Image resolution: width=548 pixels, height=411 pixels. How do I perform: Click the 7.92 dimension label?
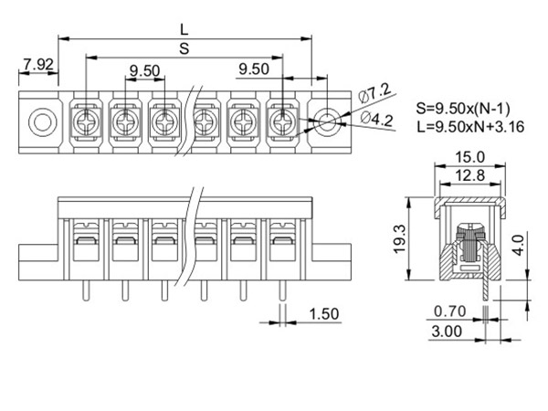tap(38, 65)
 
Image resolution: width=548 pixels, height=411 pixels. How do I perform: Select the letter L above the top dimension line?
tap(184, 30)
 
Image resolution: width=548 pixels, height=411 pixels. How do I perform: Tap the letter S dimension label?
tap(184, 48)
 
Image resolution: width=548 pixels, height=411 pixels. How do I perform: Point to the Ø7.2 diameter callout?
tap(375, 92)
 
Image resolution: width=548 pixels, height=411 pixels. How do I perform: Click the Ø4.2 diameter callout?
tap(376, 119)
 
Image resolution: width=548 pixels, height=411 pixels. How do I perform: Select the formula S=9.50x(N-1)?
tap(463, 109)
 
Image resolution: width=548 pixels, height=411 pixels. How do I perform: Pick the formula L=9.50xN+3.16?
tap(470, 127)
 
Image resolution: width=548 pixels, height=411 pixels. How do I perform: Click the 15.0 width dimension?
tap(469, 157)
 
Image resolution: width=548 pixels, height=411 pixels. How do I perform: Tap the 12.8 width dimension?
tap(469, 175)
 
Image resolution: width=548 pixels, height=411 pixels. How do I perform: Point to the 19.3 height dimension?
tap(399, 238)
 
